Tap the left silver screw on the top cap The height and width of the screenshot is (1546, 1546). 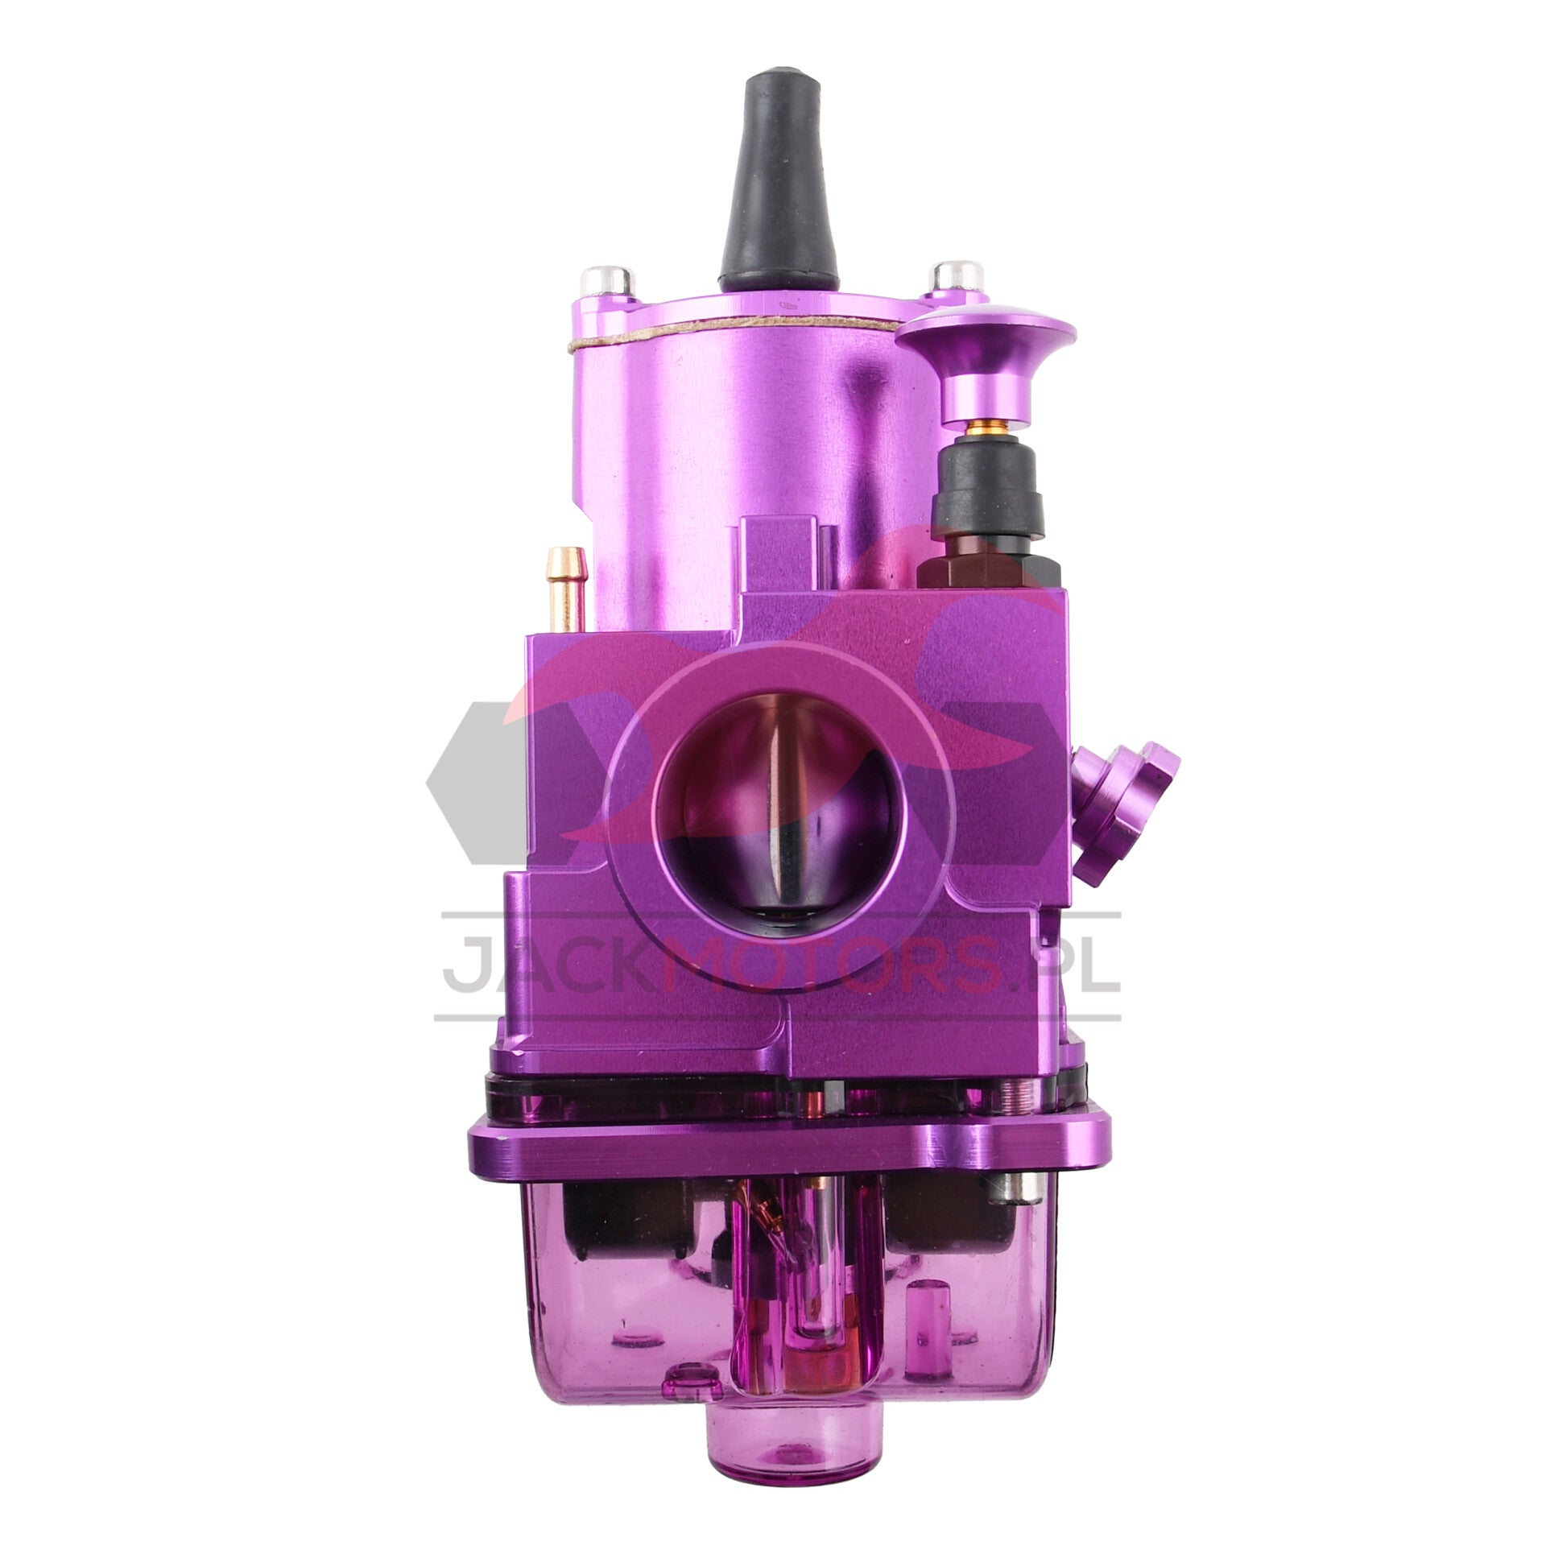pyautogui.click(x=606, y=281)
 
